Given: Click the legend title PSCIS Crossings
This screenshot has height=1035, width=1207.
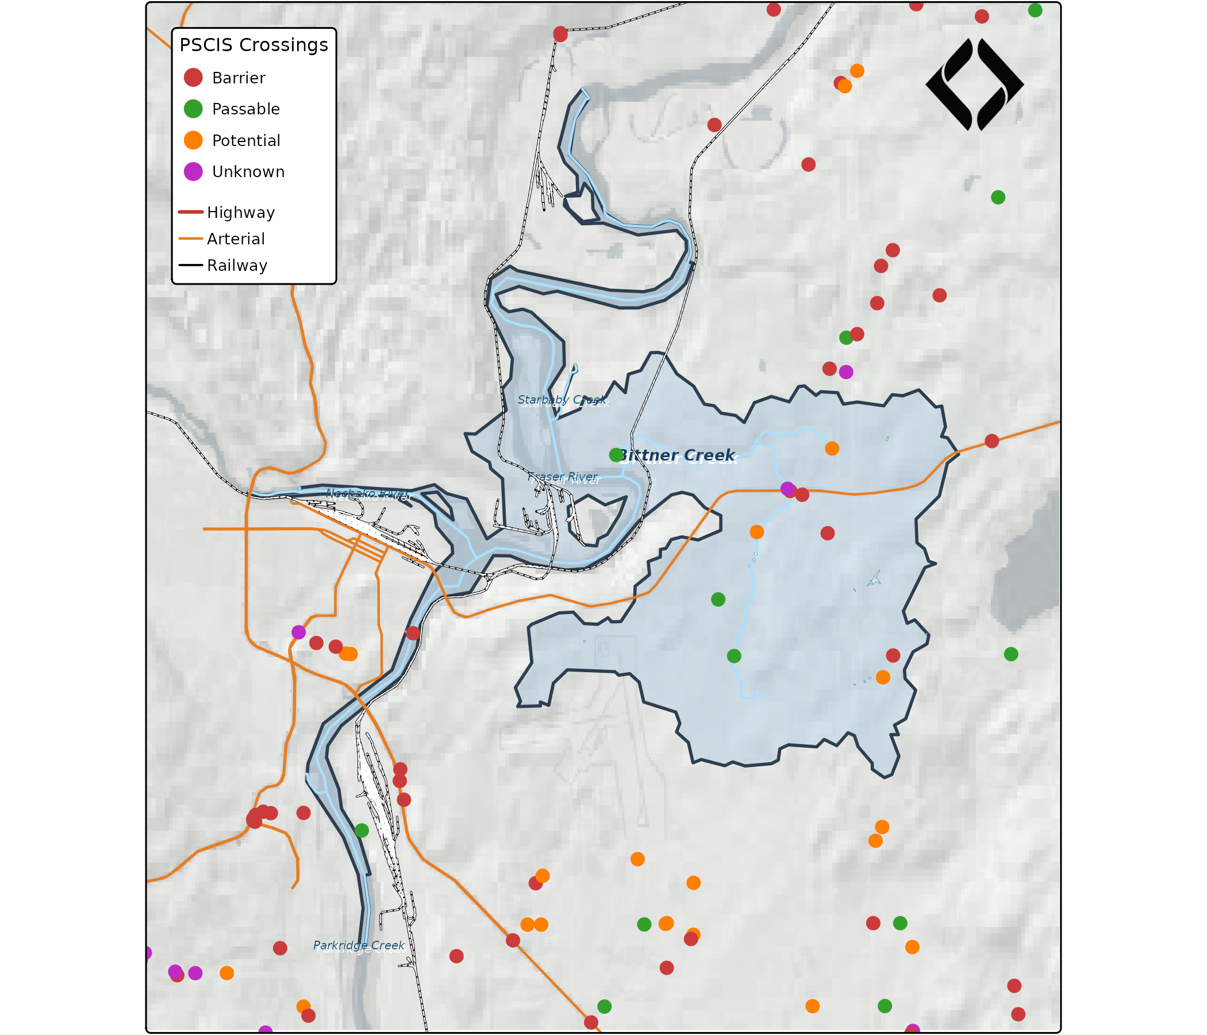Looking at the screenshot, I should tap(253, 45).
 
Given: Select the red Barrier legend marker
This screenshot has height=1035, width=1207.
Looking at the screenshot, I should tap(193, 78).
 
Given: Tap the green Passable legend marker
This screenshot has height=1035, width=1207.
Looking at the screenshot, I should tap(193, 109).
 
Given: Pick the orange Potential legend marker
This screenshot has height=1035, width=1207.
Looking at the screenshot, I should tap(193, 140).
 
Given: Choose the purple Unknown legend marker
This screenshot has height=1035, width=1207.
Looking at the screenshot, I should tap(193, 172).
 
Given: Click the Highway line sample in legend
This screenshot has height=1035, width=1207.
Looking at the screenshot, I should tap(190, 212).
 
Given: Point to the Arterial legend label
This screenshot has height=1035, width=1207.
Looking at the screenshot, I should tap(235, 239).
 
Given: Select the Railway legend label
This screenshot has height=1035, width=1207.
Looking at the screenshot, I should tap(236, 266).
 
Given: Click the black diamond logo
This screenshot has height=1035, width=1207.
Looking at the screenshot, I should tap(974, 85).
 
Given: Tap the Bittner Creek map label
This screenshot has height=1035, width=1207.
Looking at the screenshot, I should tap(678, 456).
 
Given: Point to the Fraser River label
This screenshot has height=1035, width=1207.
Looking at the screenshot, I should tap(563, 477).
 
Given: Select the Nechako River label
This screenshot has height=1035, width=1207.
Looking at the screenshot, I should tap(367, 494).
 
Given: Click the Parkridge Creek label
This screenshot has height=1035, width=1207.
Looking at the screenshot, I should tap(358, 945).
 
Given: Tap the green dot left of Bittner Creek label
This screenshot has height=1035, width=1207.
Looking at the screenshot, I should tap(616, 455).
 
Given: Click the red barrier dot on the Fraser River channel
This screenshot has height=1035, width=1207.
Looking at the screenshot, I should tap(413, 633).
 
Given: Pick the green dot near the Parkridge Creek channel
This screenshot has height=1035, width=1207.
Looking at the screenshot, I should tap(362, 830).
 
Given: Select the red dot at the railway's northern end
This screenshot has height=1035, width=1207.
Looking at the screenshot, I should tap(560, 34).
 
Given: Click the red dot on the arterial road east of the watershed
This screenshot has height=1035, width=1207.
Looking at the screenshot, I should tap(992, 441).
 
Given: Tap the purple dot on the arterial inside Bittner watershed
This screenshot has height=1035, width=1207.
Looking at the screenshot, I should tap(787, 488).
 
